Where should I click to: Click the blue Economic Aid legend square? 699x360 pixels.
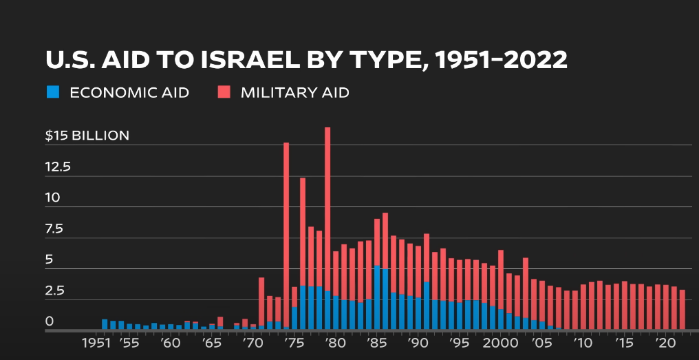(x=53, y=92)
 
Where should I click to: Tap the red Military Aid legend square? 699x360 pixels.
(x=224, y=92)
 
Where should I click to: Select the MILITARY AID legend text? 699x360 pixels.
(x=294, y=92)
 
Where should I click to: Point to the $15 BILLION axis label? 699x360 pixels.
(x=87, y=136)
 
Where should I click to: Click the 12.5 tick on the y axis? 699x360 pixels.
(x=58, y=167)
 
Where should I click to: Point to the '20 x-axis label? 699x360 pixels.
(x=665, y=343)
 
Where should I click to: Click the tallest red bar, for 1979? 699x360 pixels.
(x=327, y=207)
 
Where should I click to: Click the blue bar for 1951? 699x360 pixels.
(x=105, y=324)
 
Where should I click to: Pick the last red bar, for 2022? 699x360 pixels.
(x=682, y=310)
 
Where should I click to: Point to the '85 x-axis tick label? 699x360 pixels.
(x=376, y=343)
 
